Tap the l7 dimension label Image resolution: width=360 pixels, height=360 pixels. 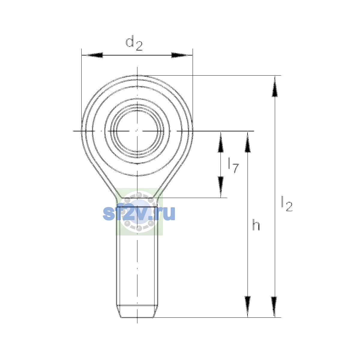click(233, 165)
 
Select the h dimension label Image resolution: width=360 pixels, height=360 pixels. click(256, 225)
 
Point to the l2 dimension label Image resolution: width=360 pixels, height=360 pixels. click(287, 204)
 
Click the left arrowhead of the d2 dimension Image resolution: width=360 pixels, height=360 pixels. click(92, 55)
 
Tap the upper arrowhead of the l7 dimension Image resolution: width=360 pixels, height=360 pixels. click(220, 142)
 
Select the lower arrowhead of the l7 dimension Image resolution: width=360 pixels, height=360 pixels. click(220, 187)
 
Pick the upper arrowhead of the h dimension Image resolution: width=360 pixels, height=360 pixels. click(247, 142)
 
